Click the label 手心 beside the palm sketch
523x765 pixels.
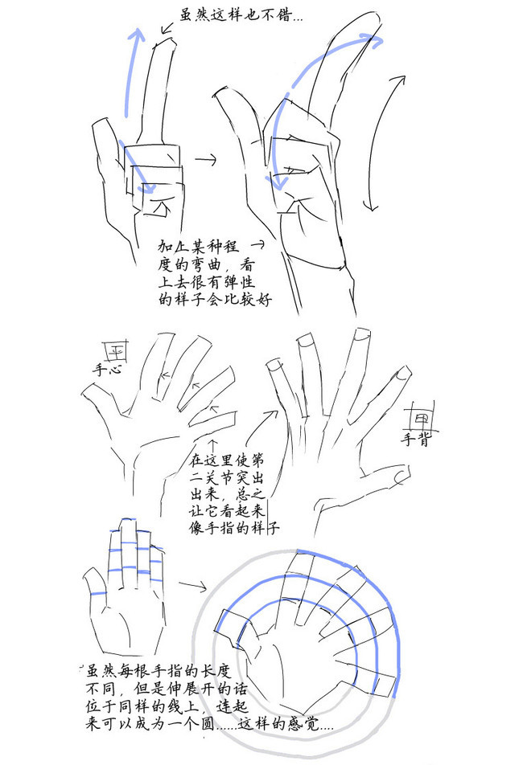(107, 368)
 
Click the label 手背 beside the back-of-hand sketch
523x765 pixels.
(417, 439)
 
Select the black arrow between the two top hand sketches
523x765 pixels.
(205, 159)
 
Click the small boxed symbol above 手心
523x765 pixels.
(115, 351)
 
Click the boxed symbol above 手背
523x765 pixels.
(421, 418)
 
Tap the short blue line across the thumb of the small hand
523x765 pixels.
(98, 594)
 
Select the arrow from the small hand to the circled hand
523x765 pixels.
(193, 586)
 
